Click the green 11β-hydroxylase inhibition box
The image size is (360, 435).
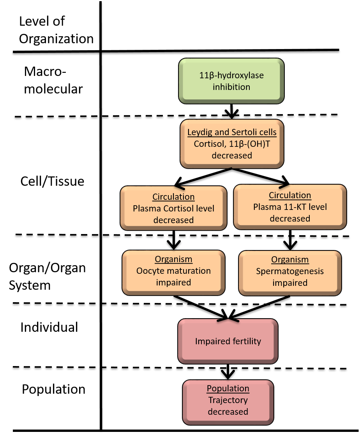231,81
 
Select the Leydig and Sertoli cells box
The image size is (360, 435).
232,144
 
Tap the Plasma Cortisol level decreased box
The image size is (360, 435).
173,208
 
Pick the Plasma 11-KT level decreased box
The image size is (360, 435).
290,207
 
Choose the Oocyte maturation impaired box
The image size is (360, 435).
173,273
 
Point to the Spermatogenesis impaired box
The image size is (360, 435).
290,273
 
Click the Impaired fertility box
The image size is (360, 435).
228,341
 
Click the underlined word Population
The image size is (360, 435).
228,389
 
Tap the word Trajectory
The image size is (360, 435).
228,400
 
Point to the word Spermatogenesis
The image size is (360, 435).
290,271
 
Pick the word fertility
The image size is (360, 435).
245,341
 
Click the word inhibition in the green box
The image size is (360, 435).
231,87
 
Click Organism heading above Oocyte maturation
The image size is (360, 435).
173,259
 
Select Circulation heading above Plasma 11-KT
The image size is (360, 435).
290,195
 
